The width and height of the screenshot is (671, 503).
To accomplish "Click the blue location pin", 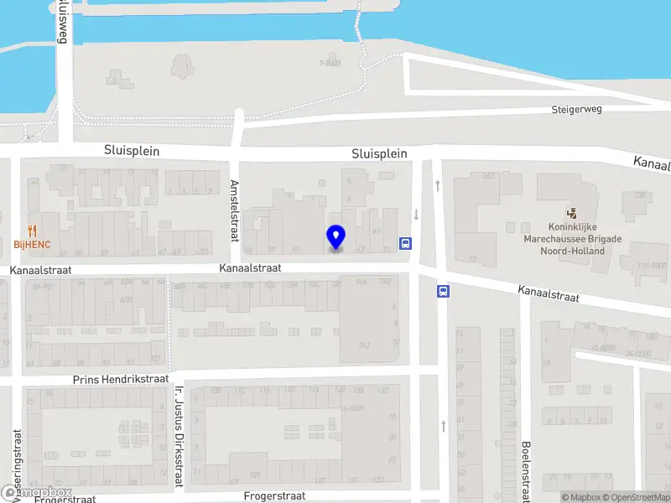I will pyautogui.click(x=336, y=237).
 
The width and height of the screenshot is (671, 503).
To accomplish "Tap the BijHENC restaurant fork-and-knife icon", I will pyautogui.click(x=33, y=230).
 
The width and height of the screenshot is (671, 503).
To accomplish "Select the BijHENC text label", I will pyautogui.click(x=33, y=244).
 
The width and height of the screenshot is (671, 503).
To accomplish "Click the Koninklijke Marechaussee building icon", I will pyautogui.click(x=572, y=214).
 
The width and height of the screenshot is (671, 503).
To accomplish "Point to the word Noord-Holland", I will pyautogui.click(x=585, y=251).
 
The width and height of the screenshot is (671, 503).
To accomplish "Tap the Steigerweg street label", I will pyautogui.click(x=578, y=110).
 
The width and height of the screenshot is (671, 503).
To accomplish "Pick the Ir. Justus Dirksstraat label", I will pyautogui.click(x=178, y=436).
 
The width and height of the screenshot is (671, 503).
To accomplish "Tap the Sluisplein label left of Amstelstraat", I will pyautogui.click(x=132, y=151).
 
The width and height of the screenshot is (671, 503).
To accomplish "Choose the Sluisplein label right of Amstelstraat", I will pyautogui.click(x=379, y=153).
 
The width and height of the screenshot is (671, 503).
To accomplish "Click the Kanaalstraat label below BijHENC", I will pyautogui.click(x=41, y=271).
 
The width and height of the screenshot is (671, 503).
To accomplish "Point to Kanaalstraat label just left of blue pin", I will pyautogui.click(x=249, y=268).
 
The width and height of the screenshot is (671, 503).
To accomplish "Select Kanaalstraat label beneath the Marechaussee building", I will pyautogui.click(x=549, y=293).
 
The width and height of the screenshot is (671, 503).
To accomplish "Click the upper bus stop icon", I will pyautogui.click(x=406, y=243).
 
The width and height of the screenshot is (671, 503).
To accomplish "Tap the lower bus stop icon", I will pyautogui.click(x=442, y=292).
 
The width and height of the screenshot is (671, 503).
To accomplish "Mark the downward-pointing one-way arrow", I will pyautogui.click(x=416, y=215).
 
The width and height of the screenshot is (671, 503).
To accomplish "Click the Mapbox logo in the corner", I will pyautogui.click(x=37, y=492).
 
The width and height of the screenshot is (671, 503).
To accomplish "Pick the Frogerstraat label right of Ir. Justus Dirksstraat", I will pyautogui.click(x=274, y=495).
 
